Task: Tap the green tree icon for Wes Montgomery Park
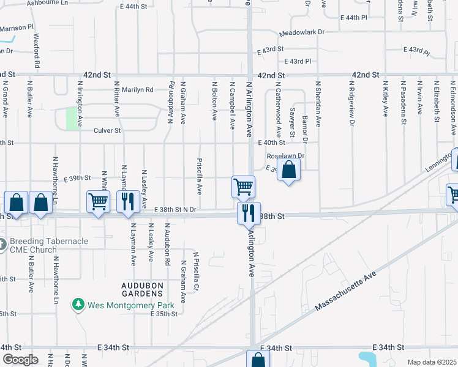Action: pos(78,304)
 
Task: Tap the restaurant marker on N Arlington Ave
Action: pos(249,213)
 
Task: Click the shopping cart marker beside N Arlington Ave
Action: pos(243,187)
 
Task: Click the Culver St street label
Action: pos(107,130)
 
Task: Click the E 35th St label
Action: pos(163,314)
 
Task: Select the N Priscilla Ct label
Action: pos(196,272)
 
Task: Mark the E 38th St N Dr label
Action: pos(175,210)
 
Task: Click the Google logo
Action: pos(20,360)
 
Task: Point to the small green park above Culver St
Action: pos(73,118)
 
